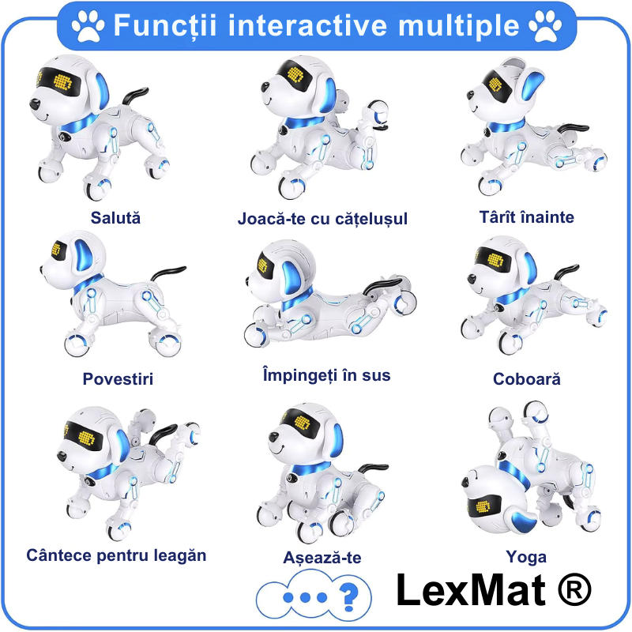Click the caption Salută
[x=115, y=218]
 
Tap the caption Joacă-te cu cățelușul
[x=322, y=219]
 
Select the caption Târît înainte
[x=526, y=216]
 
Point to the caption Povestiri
[x=118, y=379]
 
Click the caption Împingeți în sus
[x=326, y=374]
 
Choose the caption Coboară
[x=526, y=379]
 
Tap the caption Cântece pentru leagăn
[x=116, y=555]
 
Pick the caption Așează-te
[x=322, y=558]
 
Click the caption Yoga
[x=526, y=558]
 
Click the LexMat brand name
[x=471, y=590]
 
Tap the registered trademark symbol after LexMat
[x=575, y=589]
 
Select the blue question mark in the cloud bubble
[x=348, y=597]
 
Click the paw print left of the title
[x=88, y=26]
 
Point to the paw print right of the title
[x=545, y=26]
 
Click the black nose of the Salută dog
[x=35, y=104]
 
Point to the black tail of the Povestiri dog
[x=167, y=273]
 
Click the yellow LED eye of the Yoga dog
[x=483, y=506]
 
